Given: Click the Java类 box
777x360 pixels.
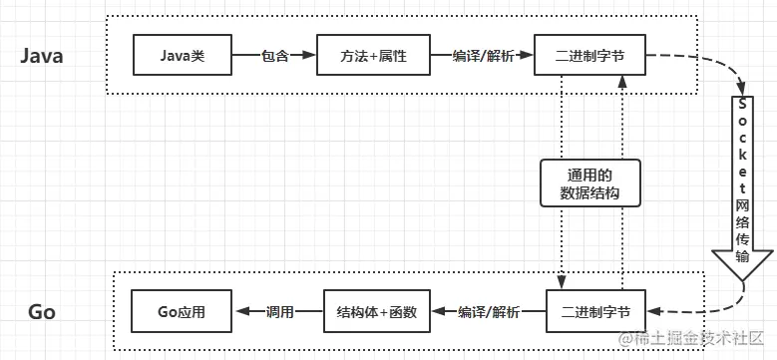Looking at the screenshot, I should click(183, 56).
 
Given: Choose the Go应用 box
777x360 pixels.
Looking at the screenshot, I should click(182, 311).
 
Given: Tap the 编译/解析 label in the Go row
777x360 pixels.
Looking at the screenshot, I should click(489, 311).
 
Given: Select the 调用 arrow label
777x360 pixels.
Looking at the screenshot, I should click(280, 311).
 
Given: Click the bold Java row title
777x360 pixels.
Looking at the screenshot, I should click(43, 57).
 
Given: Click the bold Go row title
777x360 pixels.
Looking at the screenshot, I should click(42, 312).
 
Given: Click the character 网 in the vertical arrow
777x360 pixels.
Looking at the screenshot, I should click(743, 204).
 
